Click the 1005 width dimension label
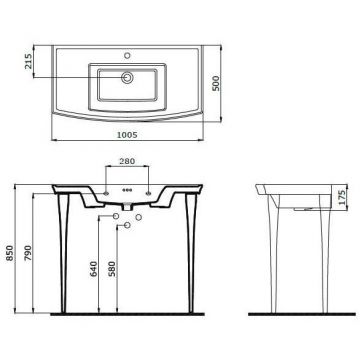coord(127,135)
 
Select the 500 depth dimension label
coord(216,83)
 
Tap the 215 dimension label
coord(28,61)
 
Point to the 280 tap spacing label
coord(127,161)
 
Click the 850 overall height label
coord(10,253)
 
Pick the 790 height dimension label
coord(28,253)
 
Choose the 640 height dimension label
coord(94,269)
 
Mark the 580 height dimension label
coord(112,269)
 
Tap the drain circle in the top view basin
coord(127,78)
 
